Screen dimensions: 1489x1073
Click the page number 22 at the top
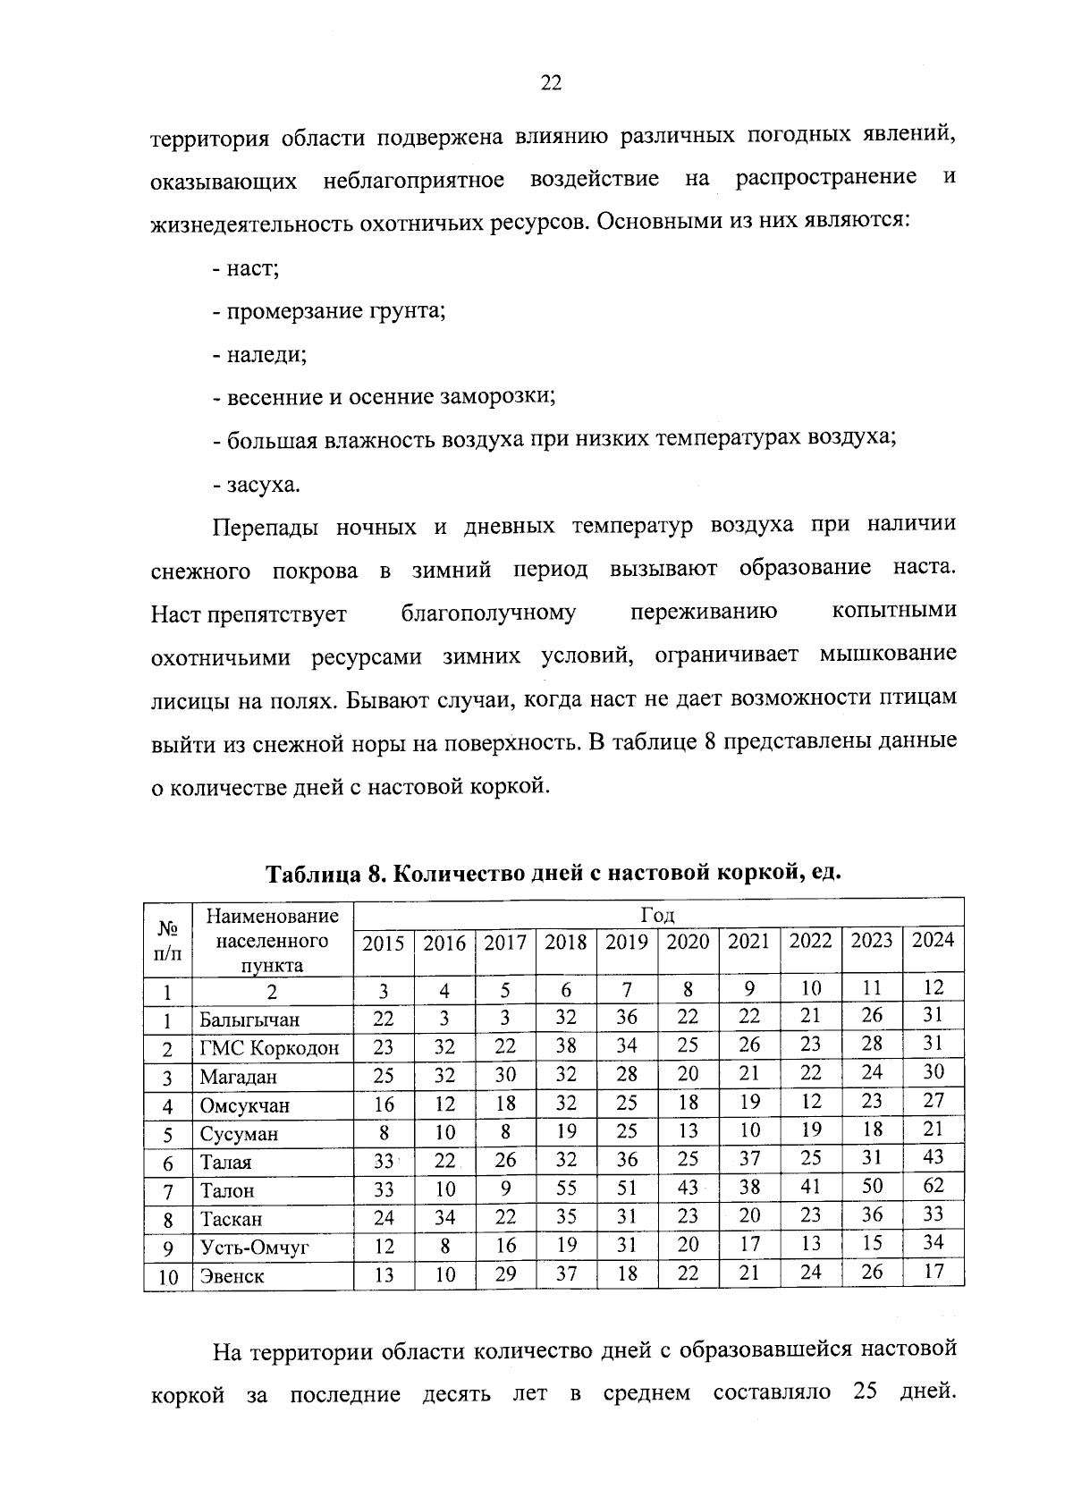click(551, 84)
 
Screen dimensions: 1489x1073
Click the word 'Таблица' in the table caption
click(313, 872)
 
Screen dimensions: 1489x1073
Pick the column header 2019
click(627, 943)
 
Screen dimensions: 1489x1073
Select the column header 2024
click(933, 941)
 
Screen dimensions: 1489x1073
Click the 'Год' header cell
click(657, 915)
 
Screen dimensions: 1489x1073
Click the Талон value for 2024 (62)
click(933, 1186)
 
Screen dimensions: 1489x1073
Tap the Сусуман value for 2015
click(384, 1132)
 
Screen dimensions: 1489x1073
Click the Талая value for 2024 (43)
click(933, 1157)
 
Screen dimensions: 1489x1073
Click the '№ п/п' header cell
click(167, 940)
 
